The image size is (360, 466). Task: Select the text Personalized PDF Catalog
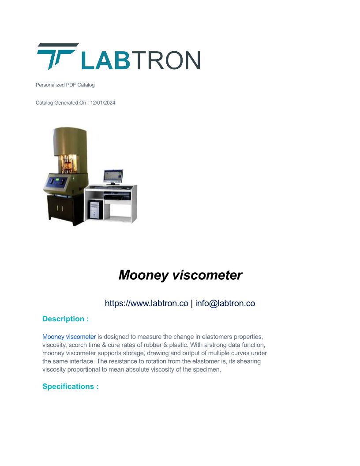pos(65,85)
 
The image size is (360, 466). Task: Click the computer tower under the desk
pos(96,209)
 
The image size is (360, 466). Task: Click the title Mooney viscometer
pos(180,275)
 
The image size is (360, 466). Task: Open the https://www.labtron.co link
pos(146,303)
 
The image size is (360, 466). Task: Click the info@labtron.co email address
pos(225,303)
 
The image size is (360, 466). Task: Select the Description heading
pos(66,319)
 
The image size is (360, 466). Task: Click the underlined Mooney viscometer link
pos(69,337)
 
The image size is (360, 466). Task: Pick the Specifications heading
pos(71,387)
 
